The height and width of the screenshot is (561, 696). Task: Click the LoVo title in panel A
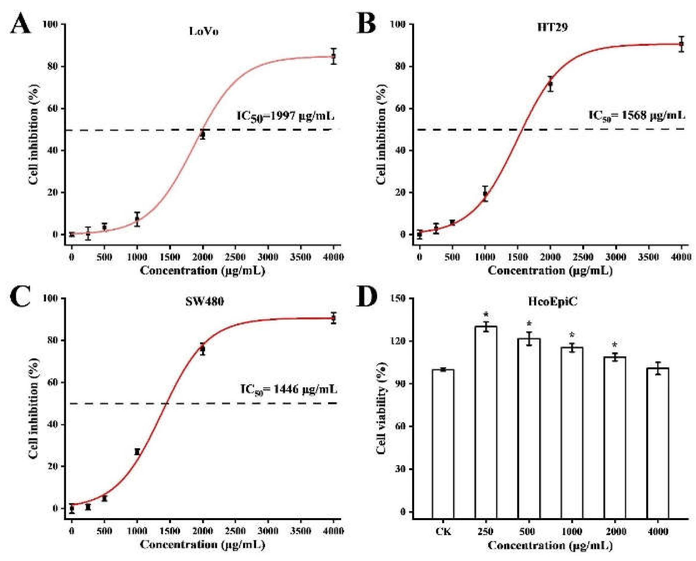pyautogui.click(x=204, y=31)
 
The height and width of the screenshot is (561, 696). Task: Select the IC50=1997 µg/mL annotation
pyautogui.click(x=285, y=116)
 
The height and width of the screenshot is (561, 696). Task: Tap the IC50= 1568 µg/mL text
pyautogui.click(x=636, y=116)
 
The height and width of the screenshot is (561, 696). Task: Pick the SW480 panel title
pyautogui.click(x=204, y=301)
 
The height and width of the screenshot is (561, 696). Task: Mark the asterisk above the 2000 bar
pyautogui.click(x=614, y=345)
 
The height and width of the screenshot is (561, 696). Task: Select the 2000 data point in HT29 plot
pyautogui.click(x=550, y=84)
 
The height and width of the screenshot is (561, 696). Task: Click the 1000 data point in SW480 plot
pyautogui.click(x=137, y=452)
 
